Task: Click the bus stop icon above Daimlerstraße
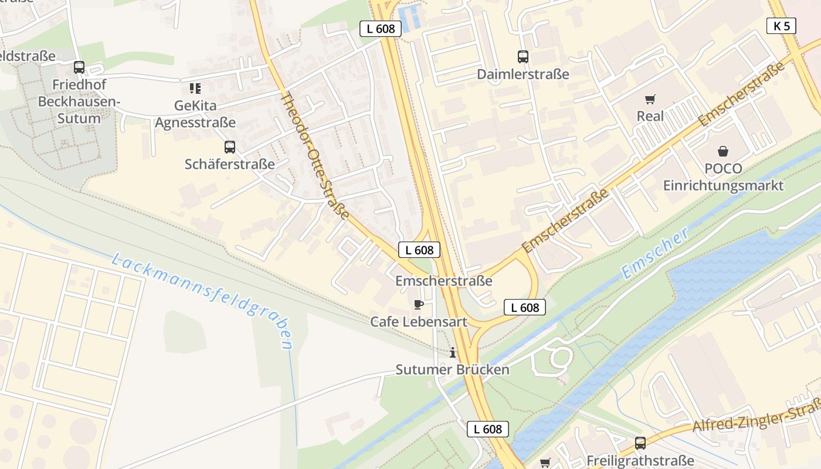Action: coord(523,57)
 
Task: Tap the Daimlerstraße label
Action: coord(523,74)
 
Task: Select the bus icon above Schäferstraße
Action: coord(230,147)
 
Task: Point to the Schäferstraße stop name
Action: coord(230,164)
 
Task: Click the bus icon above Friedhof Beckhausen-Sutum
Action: coord(79,67)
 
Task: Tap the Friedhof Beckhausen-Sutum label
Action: coord(79,101)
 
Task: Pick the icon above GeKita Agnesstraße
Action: coord(195,89)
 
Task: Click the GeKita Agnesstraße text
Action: coord(195,114)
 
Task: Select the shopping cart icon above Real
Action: coord(650,99)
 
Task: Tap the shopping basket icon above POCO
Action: coord(723,151)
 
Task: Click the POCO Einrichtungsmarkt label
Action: coord(723,177)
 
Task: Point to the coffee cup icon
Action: coord(418,304)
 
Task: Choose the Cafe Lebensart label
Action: coord(419,322)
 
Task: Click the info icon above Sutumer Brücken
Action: coord(452,352)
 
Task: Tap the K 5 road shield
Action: coord(781,26)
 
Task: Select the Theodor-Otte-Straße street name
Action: coord(315,155)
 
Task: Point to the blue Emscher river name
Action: coord(656,253)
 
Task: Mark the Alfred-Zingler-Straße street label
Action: coord(756,416)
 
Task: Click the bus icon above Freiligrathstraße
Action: coord(640,443)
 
